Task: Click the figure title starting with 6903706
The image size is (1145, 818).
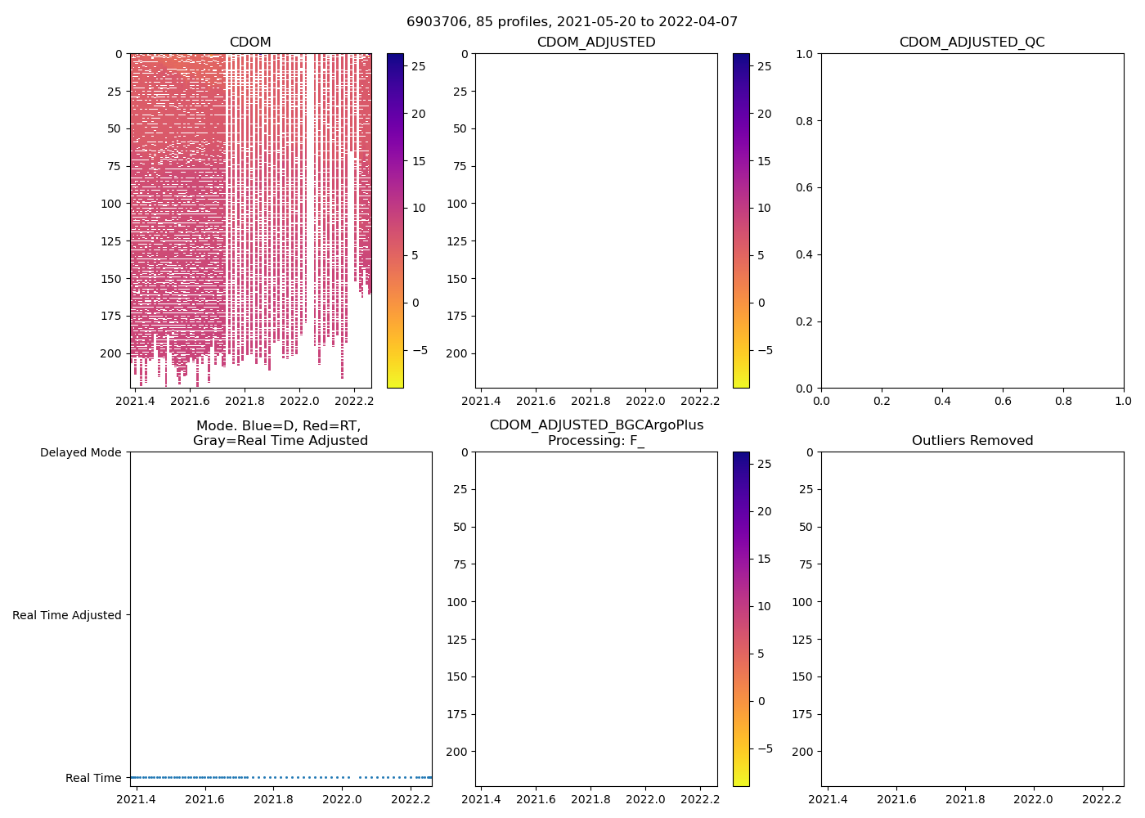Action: click(572, 21)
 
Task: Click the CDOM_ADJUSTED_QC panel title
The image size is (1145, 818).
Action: click(972, 42)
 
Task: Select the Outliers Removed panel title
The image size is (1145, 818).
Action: click(972, 440)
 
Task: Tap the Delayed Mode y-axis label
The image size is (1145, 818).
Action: click(80, 452)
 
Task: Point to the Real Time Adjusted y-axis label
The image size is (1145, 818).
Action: click(66, 615)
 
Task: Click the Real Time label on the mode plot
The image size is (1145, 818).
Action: click(93, 778)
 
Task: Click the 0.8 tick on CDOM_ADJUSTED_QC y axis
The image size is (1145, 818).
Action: click(805, 121)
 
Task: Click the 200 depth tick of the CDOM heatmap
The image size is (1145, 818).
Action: click(110, 353)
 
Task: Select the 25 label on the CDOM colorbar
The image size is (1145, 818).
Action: click(418, 66)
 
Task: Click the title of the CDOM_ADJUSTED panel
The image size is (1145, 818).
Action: click(595, 42)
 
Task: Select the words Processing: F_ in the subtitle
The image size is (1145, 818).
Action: click(595, 440)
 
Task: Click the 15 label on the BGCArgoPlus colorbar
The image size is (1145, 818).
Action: click(764, 559)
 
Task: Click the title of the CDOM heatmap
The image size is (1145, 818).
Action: click(250, 42)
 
